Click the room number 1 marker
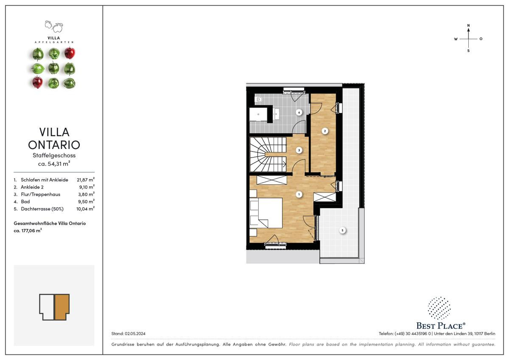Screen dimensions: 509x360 299,194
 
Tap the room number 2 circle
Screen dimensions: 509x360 325,131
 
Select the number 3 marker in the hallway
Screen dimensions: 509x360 299,150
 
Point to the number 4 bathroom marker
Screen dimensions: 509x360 299,112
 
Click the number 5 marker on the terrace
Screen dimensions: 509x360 342,231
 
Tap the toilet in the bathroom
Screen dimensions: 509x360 259,99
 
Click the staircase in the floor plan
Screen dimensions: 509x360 268,155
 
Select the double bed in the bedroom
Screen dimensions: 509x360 266,213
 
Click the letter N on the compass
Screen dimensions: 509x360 468,25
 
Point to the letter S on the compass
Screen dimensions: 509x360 468,51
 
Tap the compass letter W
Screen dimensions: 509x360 456,39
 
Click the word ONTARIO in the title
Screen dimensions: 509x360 54,145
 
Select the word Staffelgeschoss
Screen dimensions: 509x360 54,155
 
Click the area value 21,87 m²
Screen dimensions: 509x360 86,180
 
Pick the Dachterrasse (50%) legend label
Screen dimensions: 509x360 42,209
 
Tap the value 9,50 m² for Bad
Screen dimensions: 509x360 87,202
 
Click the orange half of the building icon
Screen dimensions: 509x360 62,307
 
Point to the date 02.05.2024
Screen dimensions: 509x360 135,334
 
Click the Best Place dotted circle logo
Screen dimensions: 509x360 439,308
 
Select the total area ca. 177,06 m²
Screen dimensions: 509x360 28,231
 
